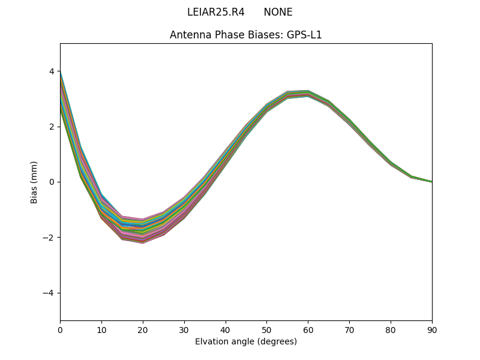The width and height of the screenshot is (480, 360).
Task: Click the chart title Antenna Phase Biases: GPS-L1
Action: click(246, 35)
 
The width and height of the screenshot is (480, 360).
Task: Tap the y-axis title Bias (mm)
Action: click(34, 182)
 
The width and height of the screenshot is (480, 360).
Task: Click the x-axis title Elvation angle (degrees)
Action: click(246, 341)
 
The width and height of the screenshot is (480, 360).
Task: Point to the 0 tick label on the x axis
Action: click(60, 329)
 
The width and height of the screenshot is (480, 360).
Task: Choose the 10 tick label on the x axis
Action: click(101, 329)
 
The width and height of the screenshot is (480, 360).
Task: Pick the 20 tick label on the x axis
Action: click(143, 329)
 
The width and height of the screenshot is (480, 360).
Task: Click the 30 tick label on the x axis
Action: click(184, 329)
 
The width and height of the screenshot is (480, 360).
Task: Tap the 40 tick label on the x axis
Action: click(226, 329)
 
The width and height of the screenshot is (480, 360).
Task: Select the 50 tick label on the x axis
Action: click(266, 329)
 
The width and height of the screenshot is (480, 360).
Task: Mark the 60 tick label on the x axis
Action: click(308, 329)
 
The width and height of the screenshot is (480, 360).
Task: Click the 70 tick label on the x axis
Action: click(349, 329)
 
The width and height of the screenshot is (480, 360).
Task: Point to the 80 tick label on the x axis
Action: click(391, 329)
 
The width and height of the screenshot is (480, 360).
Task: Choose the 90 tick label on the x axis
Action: click(432, 329)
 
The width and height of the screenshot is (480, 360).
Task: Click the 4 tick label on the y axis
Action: click(52, 71)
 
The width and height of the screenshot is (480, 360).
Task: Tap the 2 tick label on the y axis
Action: click(52, 127)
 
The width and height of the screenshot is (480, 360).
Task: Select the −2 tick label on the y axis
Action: click(49, 238)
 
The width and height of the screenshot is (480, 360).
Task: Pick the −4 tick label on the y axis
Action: click(49, 293)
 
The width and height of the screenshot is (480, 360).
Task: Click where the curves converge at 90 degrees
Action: click(431, 181)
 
